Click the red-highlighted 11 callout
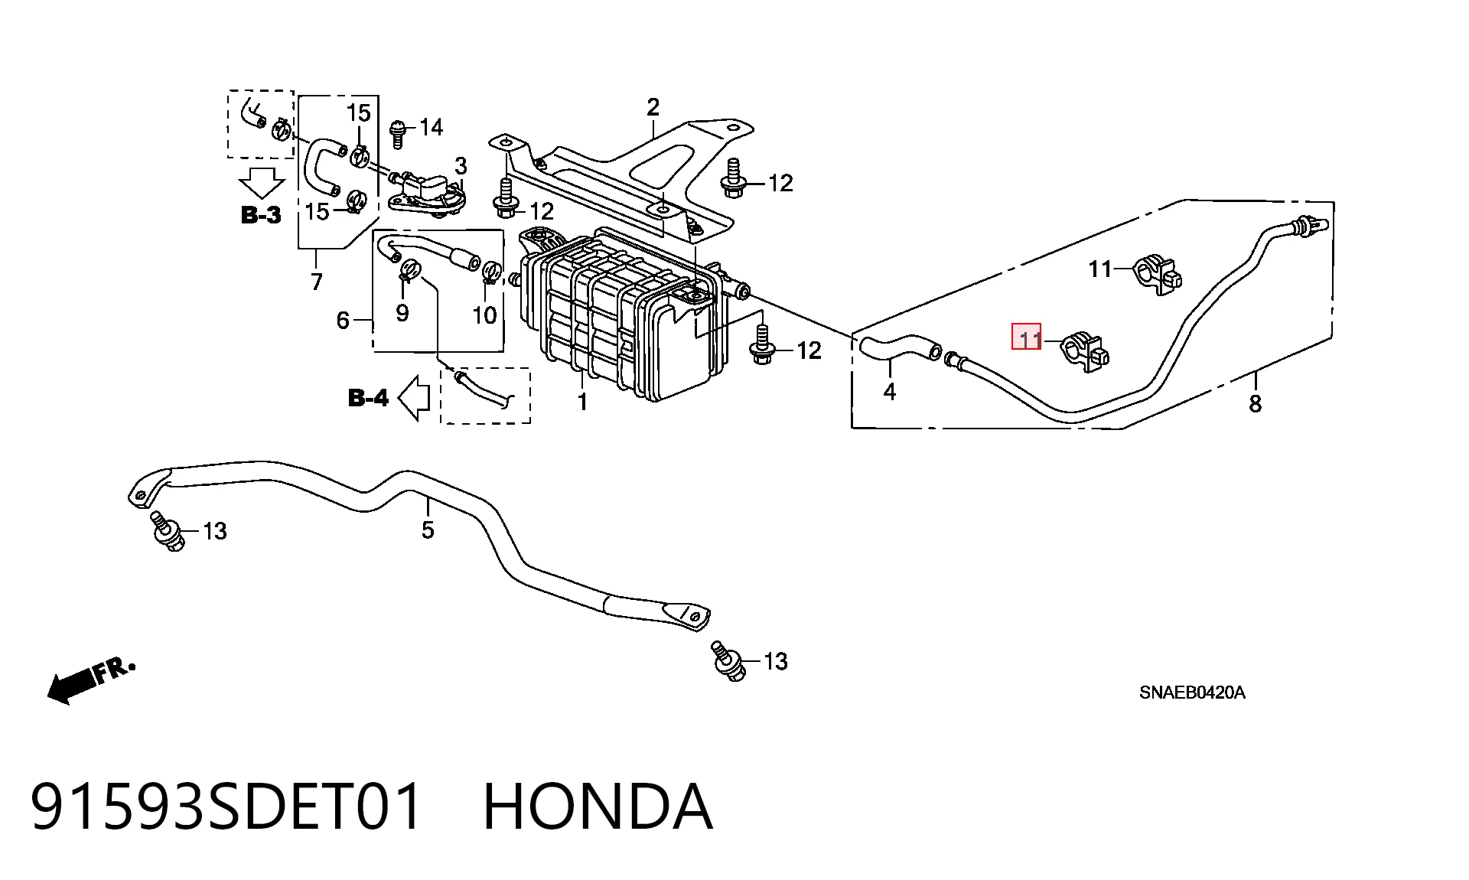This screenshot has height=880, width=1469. [1026, 337]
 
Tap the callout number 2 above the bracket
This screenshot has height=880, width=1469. [653, 107]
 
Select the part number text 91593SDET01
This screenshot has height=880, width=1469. [226, 807]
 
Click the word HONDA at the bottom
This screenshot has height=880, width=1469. [598, 807]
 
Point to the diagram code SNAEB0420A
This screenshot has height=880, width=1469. [1192, 693]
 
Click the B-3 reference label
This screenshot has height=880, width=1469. [261, 215]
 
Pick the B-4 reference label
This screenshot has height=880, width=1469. [368, 398]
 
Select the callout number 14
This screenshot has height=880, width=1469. [431, 127]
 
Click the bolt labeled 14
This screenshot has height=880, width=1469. [397, 134]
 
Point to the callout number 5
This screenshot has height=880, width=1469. [428, 530]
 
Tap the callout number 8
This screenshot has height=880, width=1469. [1255, 404]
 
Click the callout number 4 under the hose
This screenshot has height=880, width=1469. [889, 392]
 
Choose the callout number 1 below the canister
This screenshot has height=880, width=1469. [582, 402]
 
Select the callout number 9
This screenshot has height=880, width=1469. [402, 312]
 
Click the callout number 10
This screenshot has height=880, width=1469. [484, 315]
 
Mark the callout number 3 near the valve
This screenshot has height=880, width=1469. [461, 166]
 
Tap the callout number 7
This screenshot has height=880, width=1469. [317, 282]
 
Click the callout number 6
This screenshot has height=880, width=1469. [343, 321]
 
